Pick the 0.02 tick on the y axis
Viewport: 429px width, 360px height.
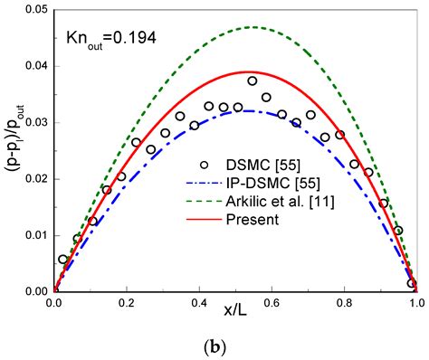coord(33,178)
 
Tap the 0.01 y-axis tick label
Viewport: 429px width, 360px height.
coord(33,235)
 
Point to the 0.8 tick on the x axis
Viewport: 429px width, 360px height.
coord(343,305)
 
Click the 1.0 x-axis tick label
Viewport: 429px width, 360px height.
coord(415,305)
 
